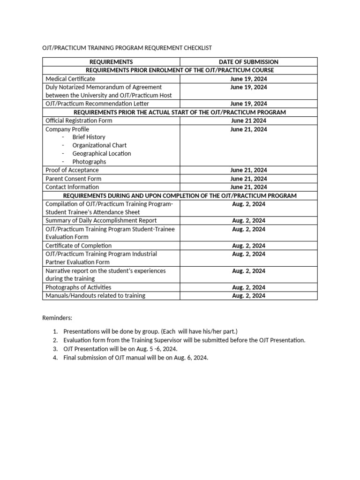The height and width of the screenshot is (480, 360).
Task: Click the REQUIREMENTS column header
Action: click(x=111, y=62)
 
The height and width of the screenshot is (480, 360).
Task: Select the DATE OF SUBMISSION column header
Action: click(x=248, y=62)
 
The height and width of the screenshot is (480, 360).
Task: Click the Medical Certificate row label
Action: click(x=70, y=79)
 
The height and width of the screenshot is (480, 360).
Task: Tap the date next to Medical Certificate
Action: click(x=248, y=79)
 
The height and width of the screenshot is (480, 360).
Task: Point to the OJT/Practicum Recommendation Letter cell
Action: click(x=97, y=104)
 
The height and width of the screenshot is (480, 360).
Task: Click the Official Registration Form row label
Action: click(x=79, y=120)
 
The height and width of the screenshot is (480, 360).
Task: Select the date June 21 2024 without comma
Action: click(x=248, y=120)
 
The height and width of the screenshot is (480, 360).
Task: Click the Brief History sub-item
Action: click(x=89, y=137)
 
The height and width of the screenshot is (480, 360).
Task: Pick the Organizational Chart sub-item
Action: click(x=99, y=145)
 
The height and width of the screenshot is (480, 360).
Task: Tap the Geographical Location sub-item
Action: click(x=102, y=154)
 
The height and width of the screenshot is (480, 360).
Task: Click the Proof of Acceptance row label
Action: click(x=72, y=170)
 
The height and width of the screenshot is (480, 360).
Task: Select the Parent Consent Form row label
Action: click(x=73, y=179)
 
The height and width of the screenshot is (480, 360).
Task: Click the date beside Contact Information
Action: click(x=248, y=187)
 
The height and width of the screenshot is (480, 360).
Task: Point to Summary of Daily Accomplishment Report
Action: click(x=101, y=220)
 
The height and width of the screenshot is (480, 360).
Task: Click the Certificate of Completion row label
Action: click(x=78, y=246)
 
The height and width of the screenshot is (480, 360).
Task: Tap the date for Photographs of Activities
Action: click(x=248, y=287)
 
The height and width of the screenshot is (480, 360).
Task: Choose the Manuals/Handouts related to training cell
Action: click(x=95, y=296)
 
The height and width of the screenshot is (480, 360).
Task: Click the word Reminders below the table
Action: click(x=57, y=318)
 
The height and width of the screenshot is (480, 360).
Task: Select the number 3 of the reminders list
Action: click(x=55, y=349)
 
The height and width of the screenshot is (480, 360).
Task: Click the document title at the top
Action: click(x=127, y=48)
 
